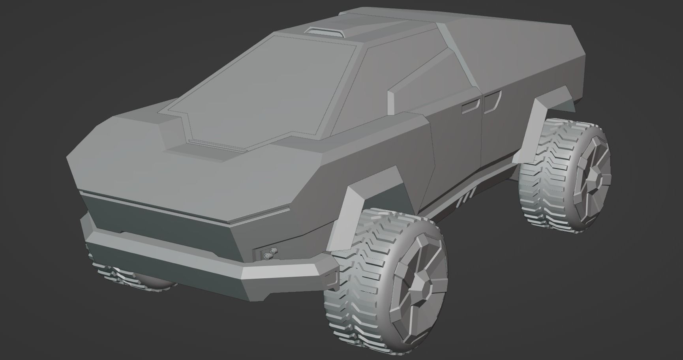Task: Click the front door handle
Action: click(471, 105)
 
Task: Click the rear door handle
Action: click(492, 102)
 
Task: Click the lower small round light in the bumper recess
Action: click(267, 257)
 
